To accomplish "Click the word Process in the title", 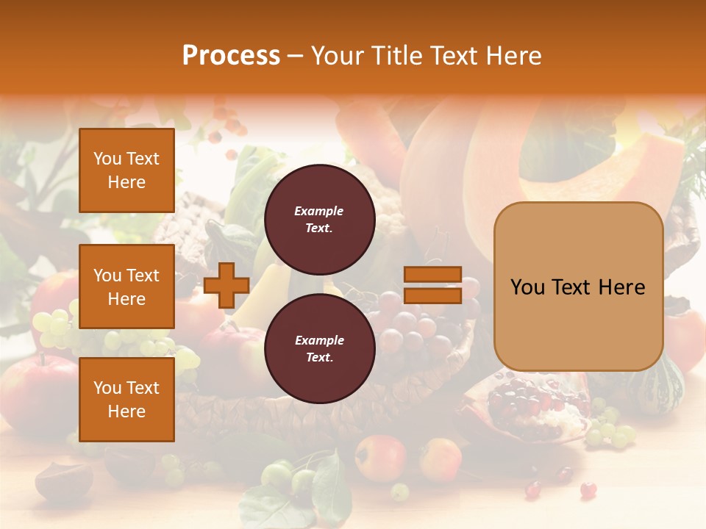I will point(231,56).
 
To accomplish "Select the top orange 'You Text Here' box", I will point(126,170).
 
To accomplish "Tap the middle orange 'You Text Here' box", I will point(126,287).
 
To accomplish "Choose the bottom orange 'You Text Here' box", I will point(126,400).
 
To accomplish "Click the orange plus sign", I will point(226,286).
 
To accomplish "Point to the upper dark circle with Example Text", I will point(319,220).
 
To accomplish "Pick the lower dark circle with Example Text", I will point(319,349).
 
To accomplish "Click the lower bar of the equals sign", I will point(432,295).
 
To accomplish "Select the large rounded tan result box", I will point(578,287).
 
